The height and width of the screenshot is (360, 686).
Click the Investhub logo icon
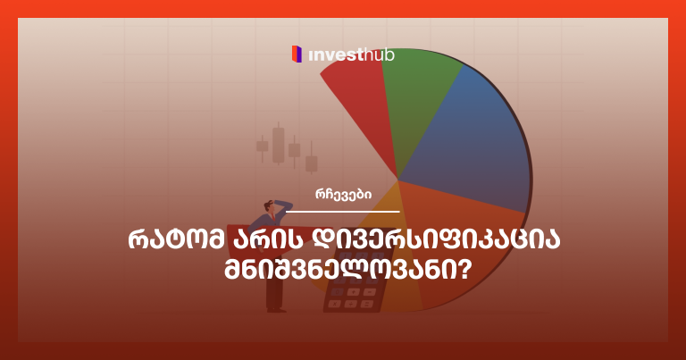point(297,54)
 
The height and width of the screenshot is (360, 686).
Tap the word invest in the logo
point(336,55)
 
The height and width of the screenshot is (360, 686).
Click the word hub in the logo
point(380,55)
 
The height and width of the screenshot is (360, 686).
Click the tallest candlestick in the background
point(279,145)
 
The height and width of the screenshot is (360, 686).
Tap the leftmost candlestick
point(262,145)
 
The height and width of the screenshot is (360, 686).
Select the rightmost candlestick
point(311,163)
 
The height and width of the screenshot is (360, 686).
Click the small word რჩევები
point(342,197)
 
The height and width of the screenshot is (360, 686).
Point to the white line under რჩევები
point(342,212)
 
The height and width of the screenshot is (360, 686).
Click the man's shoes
point(276,310)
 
